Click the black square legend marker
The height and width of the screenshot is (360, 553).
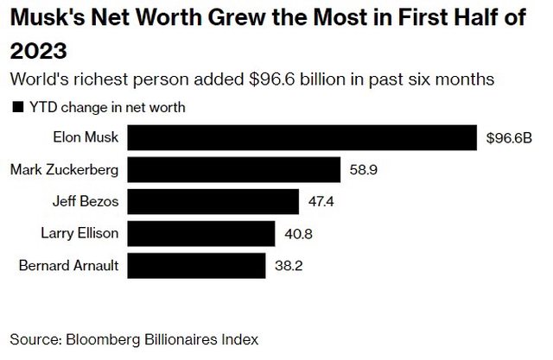[x=15, y=108]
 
